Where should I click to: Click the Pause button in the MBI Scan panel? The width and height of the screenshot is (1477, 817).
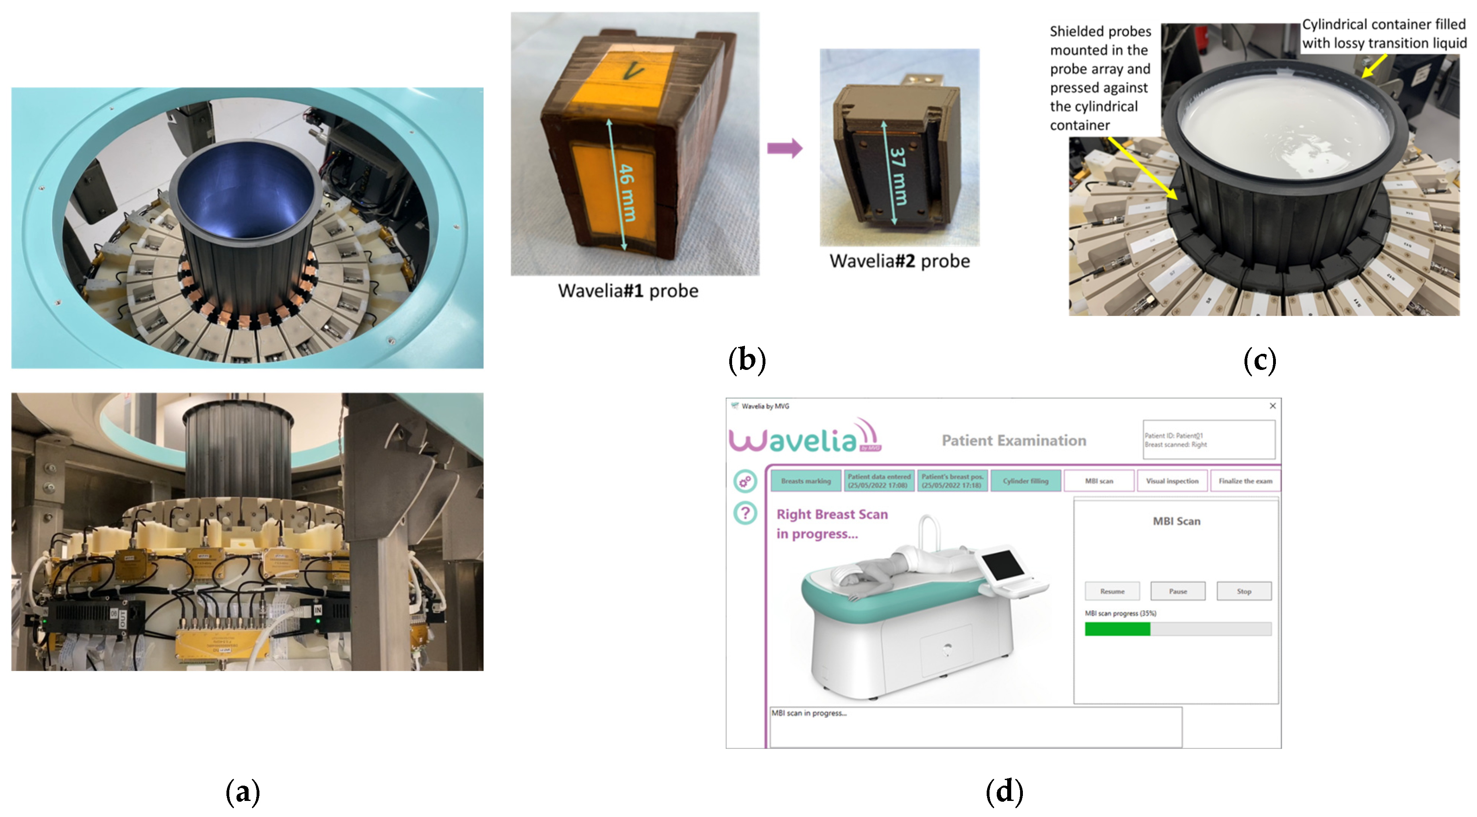(1178, 591)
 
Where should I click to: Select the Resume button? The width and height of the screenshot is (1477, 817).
(1112, 591)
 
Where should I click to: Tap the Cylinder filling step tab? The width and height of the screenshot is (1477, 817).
(1025, 481)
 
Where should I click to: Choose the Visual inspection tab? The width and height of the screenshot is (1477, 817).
(1172, 481)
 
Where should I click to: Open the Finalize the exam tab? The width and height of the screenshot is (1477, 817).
(1245, 481)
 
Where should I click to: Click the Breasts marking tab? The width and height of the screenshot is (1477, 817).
(806, 481)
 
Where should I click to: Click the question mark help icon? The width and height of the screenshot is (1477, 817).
(745, 513)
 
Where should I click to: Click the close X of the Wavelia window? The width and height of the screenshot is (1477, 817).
(1272, 406)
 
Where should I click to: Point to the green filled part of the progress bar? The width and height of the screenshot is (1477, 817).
(1117, 629)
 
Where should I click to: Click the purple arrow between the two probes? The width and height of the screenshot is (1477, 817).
(784, 148)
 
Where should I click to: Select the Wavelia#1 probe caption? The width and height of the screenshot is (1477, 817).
(628, 291)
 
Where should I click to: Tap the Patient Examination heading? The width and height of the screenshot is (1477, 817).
(1014, 440)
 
